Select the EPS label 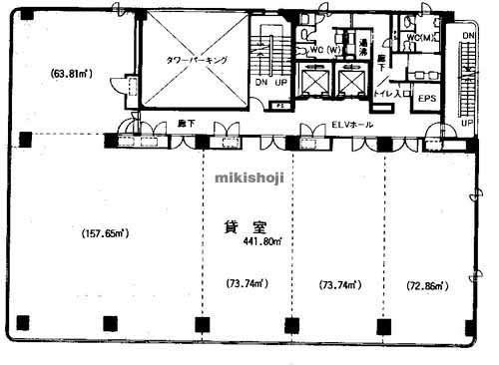(427, 99)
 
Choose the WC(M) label (416, 38)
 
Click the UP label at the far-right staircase (466, 122)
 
